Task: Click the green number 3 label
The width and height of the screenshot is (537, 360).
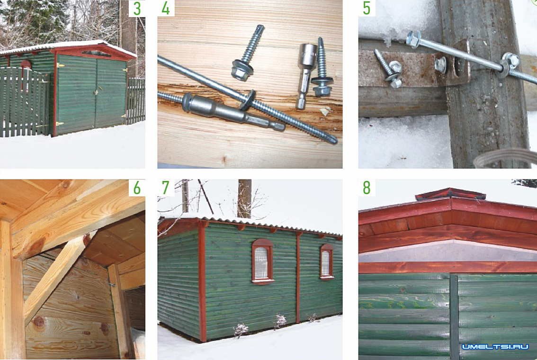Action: coord(137,9)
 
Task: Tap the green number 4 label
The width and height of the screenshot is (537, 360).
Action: coord(166,8)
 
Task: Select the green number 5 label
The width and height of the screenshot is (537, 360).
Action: coord(367,9)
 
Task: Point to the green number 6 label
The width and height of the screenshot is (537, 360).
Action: coord(137,188)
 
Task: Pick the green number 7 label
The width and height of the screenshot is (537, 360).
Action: coord(166,188)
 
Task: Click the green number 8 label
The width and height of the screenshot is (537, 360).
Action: coord(367,188)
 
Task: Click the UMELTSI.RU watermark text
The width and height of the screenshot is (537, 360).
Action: coord(495,347)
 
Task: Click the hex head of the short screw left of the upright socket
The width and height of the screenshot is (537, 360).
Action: coord(242,70)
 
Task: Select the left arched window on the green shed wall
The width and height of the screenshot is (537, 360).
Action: coord(263,261)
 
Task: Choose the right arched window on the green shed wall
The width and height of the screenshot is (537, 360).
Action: coord(327,261)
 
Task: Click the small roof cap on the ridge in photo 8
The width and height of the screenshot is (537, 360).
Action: coord(450,194)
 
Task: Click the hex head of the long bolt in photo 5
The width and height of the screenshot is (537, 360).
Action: coord(414,39)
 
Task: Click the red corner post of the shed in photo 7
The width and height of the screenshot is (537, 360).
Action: coord(202,281)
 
